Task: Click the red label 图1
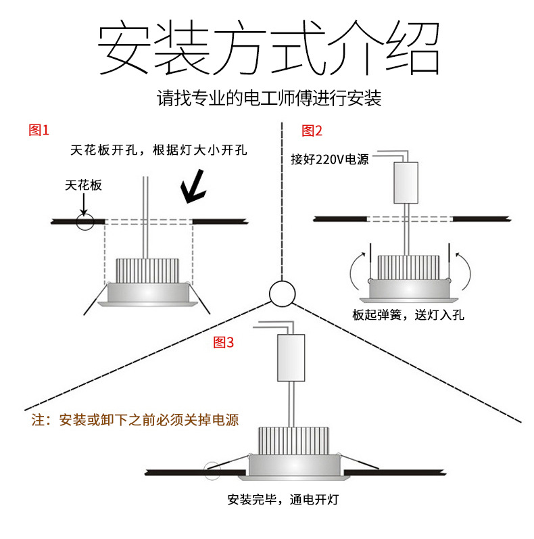click(x=39, y=131)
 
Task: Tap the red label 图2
click(x=312, y=131)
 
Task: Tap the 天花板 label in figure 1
click(x=84, y=185)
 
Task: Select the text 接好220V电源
click(x=329, y=160)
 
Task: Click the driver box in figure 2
click(x=406, y=183)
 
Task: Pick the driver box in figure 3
click(x=291, y=358)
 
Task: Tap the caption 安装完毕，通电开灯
click(x=283, y=500)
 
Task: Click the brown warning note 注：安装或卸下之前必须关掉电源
click(x=135, y=420)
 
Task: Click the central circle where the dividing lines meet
click(x=282, y=294)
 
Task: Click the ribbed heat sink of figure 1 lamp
click(x=148, y=271)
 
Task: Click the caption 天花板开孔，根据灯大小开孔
click(x=158, y=150)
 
